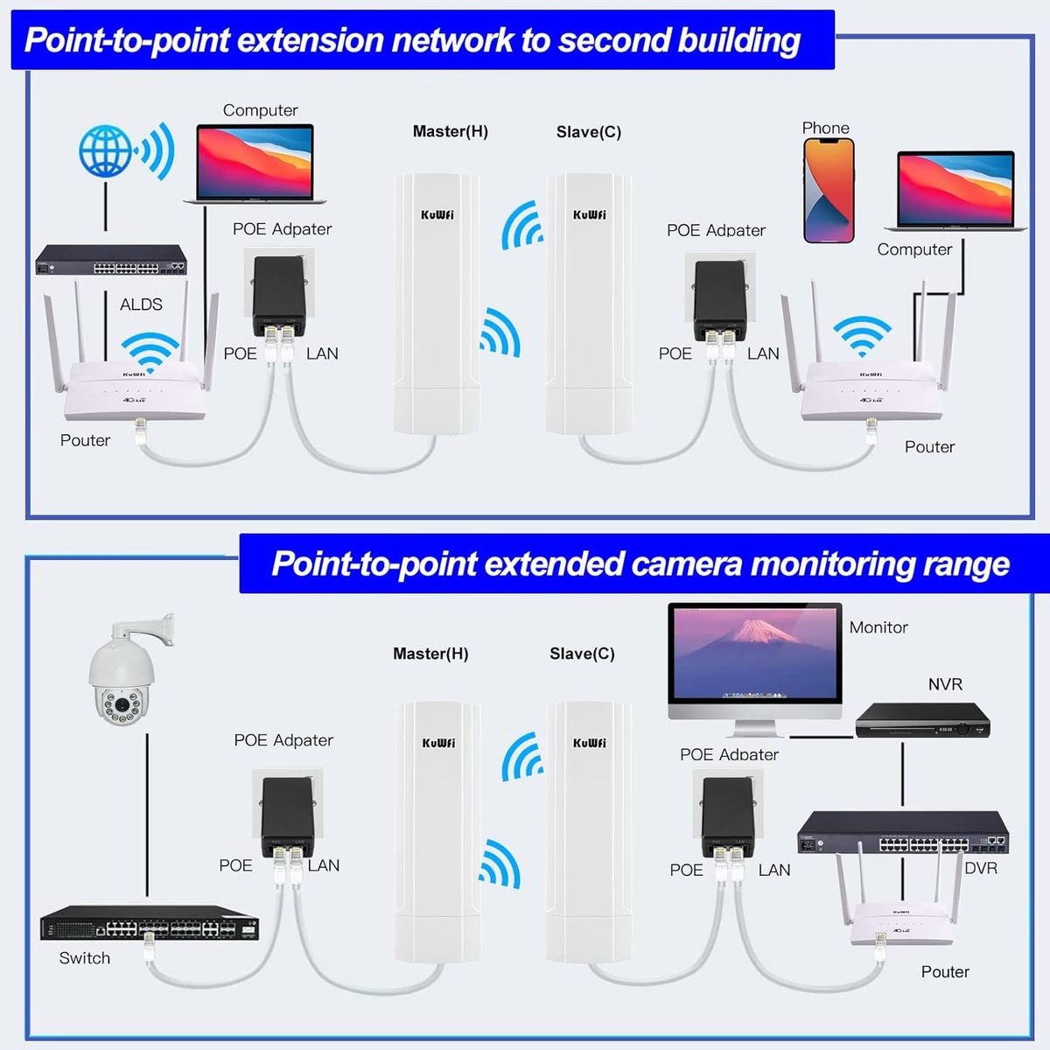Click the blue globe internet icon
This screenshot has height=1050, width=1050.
[106, 150]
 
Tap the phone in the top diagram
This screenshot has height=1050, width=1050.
[828, 190]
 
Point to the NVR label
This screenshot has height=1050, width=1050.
[945, 684]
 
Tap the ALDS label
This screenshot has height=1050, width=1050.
[141, 304]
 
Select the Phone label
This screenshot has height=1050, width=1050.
[825, 128]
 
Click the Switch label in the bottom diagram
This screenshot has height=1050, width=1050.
[85, 958]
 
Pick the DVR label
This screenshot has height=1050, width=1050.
[981, 868]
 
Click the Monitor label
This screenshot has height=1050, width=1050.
[878, 627]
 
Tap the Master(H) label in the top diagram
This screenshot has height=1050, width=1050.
[451, 131]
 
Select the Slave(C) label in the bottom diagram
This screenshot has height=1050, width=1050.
[582, 654]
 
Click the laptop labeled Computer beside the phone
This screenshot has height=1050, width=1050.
[955, 191]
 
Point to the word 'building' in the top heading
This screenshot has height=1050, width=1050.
[739, 40]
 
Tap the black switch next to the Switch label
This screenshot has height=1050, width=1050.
[150, 923]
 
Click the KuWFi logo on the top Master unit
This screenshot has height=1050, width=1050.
[437, 215]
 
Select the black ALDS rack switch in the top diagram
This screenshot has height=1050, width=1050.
[110, 261]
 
